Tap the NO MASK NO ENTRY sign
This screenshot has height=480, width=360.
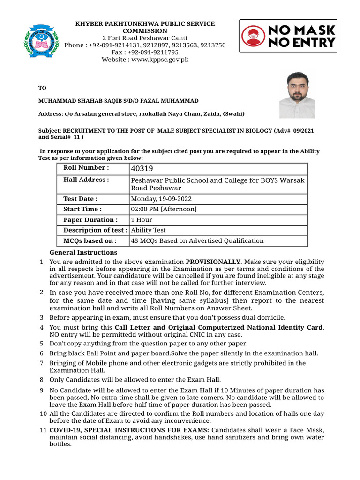[288, 36]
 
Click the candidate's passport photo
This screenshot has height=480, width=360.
[297, 95]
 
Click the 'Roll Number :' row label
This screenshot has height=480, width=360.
[86, 168]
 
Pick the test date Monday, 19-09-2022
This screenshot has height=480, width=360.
[161, 199]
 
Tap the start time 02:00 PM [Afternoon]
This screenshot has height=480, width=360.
[164, 209]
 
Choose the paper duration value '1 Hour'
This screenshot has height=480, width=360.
[142, 219]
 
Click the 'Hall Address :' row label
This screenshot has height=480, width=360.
[86, 180]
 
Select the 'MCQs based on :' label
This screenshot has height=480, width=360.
[90, 240]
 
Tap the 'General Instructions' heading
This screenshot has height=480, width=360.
[83, 252]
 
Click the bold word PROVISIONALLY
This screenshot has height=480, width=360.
[213, 261]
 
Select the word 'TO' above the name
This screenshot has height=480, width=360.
[42, 88]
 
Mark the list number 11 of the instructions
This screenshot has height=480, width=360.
[43, 430]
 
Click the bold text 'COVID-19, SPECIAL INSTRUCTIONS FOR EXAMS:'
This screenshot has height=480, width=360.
[130, 430]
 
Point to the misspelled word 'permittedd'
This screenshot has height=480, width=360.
[113, 334]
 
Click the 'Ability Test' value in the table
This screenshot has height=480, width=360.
[148, 230]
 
